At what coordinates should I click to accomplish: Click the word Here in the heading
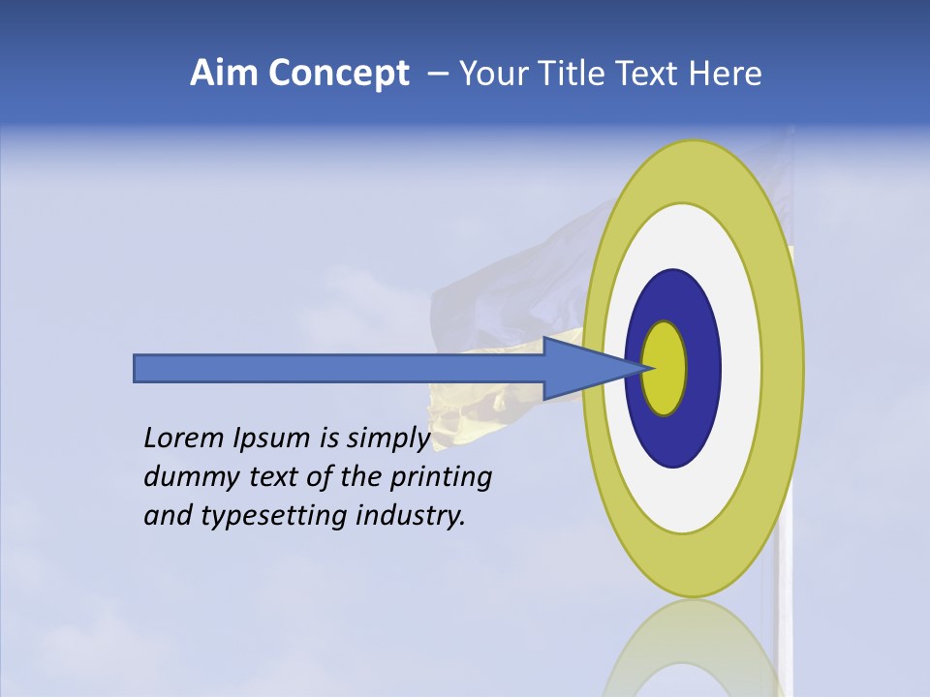click(x=726, y=74)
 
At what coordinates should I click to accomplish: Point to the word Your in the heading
click(x=491, y=74)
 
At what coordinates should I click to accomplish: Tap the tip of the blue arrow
click(x=647, y=368)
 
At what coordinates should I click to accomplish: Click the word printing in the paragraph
click(x=442, y=477)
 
